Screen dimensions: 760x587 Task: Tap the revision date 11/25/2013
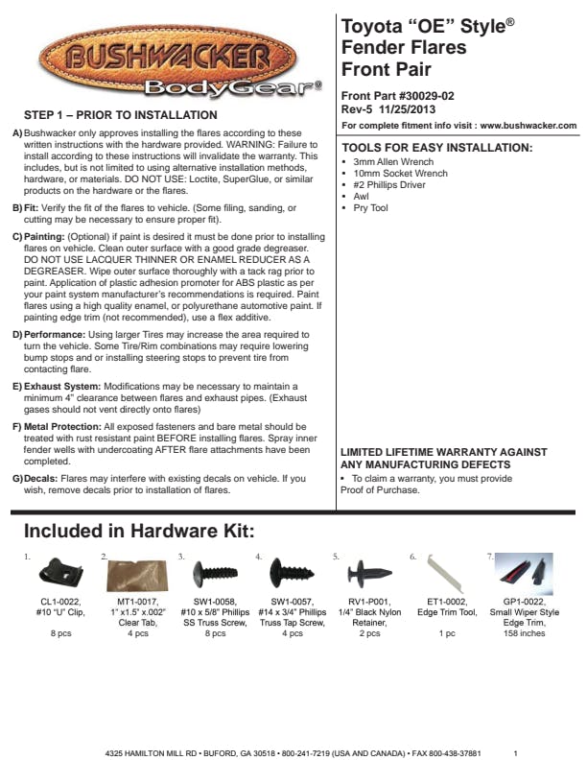(x=411, y=110)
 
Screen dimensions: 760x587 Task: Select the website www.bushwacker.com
(x=528, y=126)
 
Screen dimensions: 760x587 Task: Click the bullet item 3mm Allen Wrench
(x=392, y=163)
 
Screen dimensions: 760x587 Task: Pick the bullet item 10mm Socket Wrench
(x=400, y=174)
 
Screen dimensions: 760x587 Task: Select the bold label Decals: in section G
(x=43, y=478)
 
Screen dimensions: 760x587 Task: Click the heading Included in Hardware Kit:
(x=138, y=532)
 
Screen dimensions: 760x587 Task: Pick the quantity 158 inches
(x=524, y=633)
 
